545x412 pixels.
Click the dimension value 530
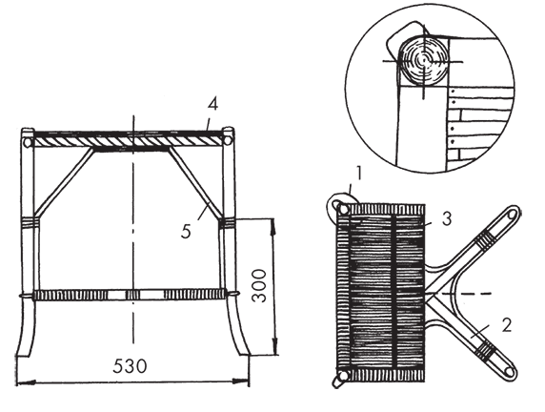130,365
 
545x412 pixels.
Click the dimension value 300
259,286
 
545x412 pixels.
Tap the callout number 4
212,104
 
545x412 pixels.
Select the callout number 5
187,231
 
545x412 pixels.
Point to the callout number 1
359,173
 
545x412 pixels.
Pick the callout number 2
507,325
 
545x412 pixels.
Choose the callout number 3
447,219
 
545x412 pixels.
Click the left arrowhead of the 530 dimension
26,382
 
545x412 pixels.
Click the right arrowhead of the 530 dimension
240,381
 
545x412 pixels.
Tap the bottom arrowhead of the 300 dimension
275,346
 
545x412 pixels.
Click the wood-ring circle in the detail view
423,60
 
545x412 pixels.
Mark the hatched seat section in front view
128,141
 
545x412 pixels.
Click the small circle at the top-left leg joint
28,142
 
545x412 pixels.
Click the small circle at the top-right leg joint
228,140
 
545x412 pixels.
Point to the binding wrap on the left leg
30,223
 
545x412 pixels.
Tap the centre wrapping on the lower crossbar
132,295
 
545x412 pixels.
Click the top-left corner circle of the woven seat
343,210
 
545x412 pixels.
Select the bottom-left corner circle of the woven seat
343,375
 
